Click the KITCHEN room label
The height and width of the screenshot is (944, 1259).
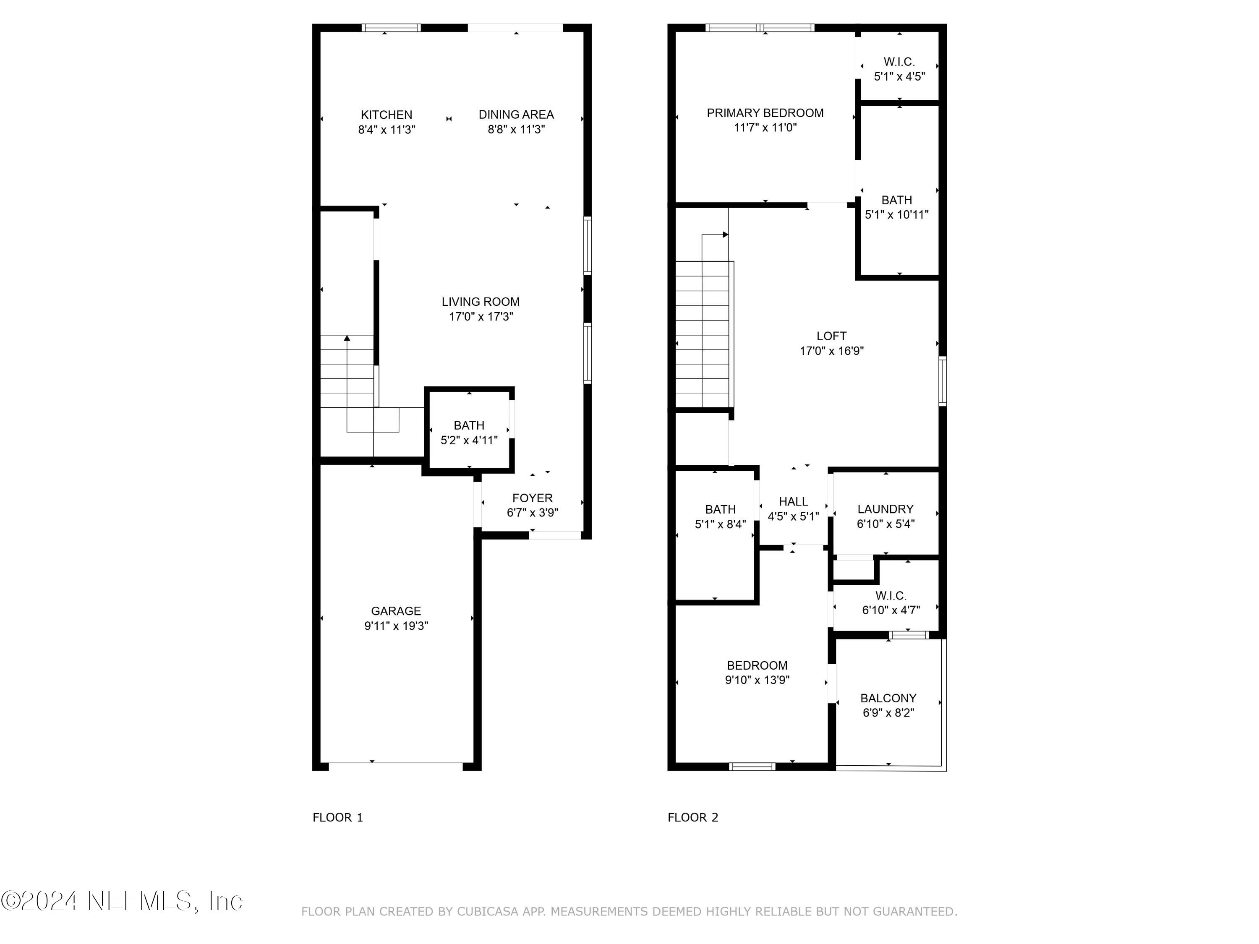tap(387, 115)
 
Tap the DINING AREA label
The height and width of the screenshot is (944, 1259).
tap(516, 115)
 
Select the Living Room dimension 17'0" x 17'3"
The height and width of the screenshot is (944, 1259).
tap(481, 317)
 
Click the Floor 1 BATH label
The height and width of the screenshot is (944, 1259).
tap(469, 425)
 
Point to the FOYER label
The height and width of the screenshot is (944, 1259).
tap(532, 498)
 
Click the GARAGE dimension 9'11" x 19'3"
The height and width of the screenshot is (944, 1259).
tap(396, 626)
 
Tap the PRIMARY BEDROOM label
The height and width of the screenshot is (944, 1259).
tap(765, 113)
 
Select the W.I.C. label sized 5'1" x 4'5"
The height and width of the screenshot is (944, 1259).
tap(899, 61)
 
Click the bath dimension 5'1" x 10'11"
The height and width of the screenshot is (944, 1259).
tap(896, 214)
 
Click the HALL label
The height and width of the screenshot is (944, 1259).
tap(793, 501)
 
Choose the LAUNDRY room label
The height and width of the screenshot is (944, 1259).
tap(885, 509)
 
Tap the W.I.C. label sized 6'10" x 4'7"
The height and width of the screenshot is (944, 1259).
tap(891, 596)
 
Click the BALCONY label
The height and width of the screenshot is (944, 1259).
tap(888, 698)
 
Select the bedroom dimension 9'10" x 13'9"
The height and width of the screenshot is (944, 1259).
tap(757, 680)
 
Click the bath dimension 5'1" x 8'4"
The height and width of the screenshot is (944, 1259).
tap(720, 524)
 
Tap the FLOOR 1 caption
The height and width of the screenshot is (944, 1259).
tap(337, 818)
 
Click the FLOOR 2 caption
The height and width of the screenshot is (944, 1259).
tap(693, 818)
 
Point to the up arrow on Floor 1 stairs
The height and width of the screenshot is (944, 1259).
tap(347, 339)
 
